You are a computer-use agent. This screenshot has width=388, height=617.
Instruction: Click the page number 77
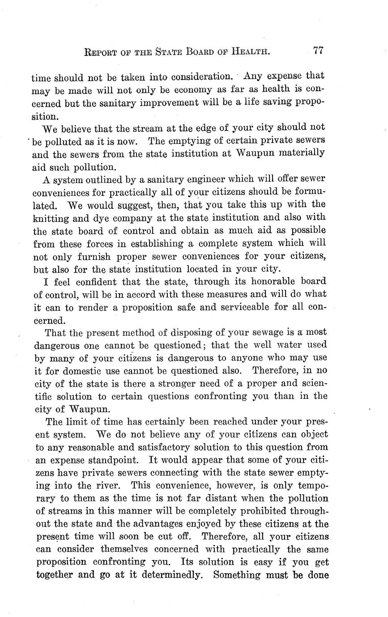[318, 51]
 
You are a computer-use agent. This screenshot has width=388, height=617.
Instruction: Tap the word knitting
[51, 219]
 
